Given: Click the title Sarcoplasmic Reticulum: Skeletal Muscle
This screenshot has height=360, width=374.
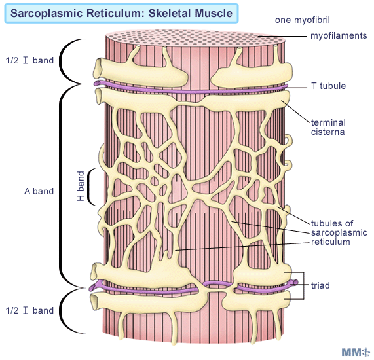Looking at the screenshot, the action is [121, 13].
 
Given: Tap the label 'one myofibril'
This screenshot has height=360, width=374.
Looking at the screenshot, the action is [302, 20].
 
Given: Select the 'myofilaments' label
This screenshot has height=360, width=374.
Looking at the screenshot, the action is [339, 36].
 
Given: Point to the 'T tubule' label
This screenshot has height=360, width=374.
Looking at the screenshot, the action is [328, 86].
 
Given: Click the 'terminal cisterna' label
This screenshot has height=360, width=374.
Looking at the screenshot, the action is [328, 127].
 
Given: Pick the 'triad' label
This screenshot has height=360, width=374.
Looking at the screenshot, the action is [320, 285].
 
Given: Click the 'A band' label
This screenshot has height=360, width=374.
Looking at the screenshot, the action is [39, 191].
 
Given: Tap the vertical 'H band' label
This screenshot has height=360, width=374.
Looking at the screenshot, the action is [81, 186].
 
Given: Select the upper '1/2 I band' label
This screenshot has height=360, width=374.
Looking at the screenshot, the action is [30, 60].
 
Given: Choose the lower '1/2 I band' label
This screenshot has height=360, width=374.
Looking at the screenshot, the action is [30, 310].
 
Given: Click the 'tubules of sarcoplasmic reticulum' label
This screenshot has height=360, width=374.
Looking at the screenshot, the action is [339, 232].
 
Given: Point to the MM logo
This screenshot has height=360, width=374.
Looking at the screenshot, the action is [355, 352].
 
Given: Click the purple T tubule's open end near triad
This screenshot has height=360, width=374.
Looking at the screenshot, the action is [295, 283].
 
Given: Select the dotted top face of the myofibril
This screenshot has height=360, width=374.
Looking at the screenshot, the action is [195, 38].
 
